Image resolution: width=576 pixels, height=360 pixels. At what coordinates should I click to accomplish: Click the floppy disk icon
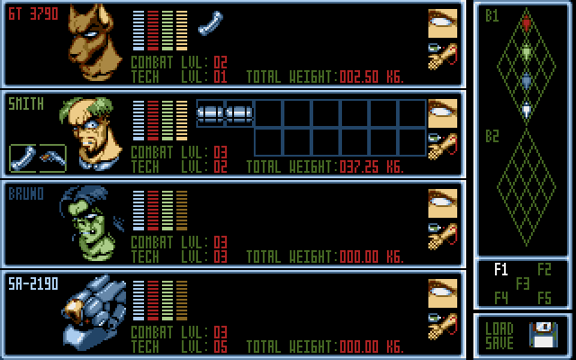point(545,336)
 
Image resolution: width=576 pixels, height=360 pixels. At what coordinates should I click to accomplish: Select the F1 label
point(501,269)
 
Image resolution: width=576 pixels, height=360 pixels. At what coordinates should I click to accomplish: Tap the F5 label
point(544,298)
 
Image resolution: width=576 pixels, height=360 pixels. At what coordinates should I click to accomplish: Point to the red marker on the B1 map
point(526,23)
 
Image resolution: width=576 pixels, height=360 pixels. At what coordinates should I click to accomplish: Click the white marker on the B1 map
point(526,110)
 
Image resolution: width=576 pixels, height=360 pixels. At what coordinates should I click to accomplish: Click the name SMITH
point(26,104)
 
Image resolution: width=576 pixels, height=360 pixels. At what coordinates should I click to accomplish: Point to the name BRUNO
point(26,193)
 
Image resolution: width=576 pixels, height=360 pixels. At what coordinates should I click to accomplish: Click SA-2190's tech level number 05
point(220,346)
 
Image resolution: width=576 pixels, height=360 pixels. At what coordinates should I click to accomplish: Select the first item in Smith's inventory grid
point(210,113)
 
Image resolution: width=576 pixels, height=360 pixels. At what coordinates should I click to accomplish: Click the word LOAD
point(499,328)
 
